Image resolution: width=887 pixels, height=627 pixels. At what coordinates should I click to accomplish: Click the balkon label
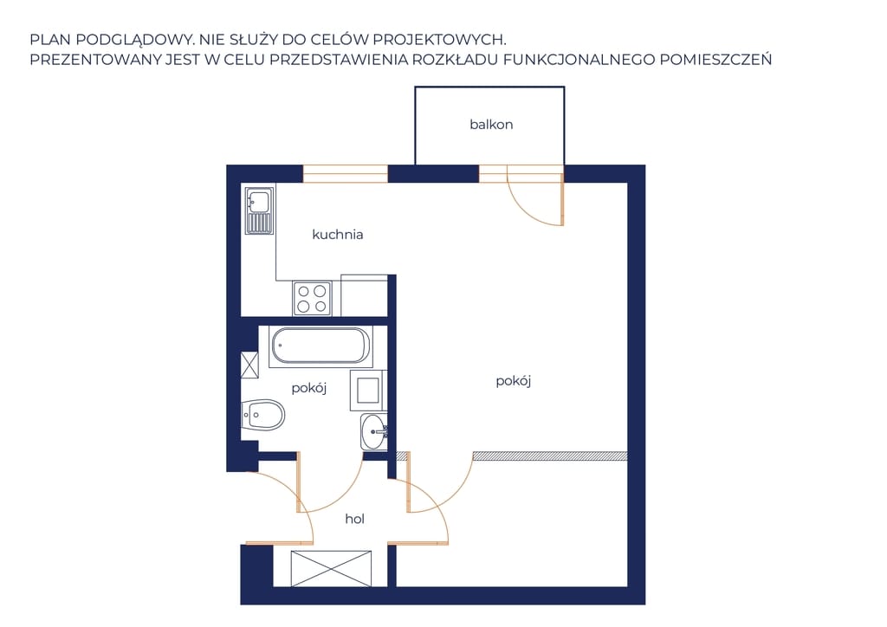(x=491, y=125)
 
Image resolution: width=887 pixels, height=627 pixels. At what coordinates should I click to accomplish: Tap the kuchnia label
(x=338, y=234)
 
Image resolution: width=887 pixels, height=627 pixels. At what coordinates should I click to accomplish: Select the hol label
(x=354, y=519)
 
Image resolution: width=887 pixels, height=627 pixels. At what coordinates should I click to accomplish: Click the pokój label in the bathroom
(x=309, y=388)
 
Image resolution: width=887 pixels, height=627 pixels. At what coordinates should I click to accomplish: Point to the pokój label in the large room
(x=513, y=380)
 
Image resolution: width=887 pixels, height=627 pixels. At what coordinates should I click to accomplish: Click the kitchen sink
(x=260, y=210)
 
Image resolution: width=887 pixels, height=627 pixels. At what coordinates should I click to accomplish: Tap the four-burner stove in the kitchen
(x=312, y=299)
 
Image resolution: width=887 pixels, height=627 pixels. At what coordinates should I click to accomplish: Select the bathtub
(x=320, y=346)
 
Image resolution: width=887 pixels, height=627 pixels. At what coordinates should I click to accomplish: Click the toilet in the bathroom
(x=262, y=416)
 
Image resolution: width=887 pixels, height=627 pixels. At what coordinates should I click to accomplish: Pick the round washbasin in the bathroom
(x=373, y=432)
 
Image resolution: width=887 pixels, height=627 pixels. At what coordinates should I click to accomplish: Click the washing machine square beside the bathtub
(x=367, y=390)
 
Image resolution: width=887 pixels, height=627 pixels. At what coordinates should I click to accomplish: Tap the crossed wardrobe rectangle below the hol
(x=332, y=569)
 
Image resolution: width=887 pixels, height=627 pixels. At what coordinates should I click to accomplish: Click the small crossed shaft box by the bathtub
(x=249, y=365)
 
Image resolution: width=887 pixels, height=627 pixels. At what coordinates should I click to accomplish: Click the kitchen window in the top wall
(x=345, y=173)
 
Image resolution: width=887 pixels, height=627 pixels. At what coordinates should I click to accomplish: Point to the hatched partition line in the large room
(x=550, y=456)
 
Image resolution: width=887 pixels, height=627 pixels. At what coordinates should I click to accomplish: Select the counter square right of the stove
(x=365, y=295)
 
